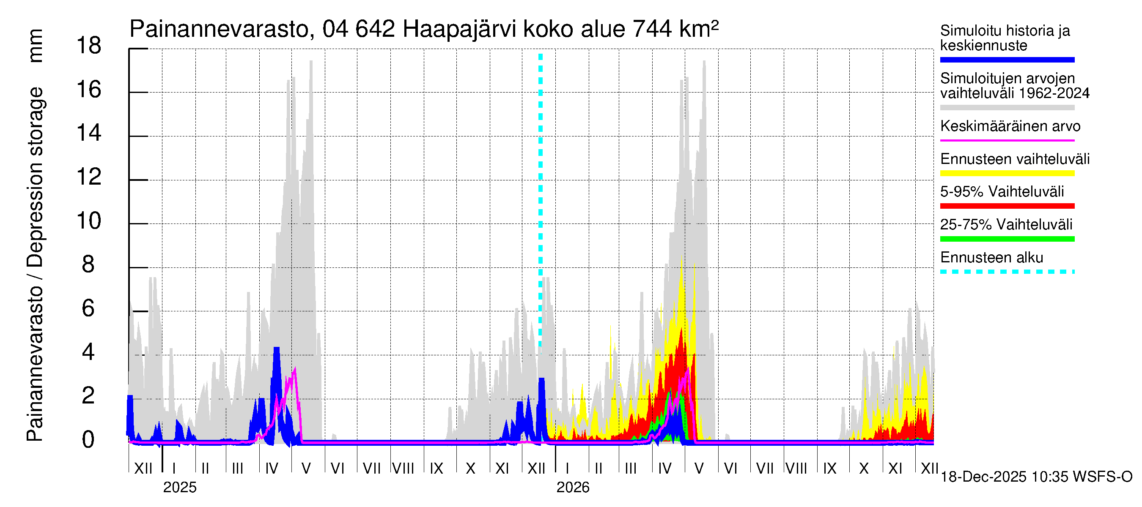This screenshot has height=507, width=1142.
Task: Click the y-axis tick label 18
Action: tap(89, 46)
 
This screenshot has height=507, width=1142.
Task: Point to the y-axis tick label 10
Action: tap(89, 221)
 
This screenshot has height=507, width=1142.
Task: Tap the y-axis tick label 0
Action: tap(88, 440)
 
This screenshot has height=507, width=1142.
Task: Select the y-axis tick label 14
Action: tap(89, 133)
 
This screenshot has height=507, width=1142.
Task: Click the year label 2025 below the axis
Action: tap(179, 487)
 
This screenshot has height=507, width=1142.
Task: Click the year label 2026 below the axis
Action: tap(573, 487)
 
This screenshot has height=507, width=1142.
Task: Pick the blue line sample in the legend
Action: tap(1007, 60)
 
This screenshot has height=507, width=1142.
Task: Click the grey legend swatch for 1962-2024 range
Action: tap(1007, 108)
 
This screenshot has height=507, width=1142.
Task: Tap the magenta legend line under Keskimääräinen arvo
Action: tap(1007, 140)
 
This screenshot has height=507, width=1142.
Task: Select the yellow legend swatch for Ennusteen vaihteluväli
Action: tap(1007, 173)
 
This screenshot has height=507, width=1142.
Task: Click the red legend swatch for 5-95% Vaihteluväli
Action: tap(1007, 206)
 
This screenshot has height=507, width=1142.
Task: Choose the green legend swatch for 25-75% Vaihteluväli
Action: tap(1007, 239)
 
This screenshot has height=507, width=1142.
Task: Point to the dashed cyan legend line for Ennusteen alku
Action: tap(1007, 272)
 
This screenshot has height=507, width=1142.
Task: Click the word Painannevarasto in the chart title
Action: tap(219, 30)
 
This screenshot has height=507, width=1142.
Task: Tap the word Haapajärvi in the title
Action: tap(459, 30)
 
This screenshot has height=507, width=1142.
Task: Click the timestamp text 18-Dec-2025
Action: tap(983, 477)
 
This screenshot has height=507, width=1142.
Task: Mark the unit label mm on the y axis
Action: tap(35, 46)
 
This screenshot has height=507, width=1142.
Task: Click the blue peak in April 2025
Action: tap(277, 350)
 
